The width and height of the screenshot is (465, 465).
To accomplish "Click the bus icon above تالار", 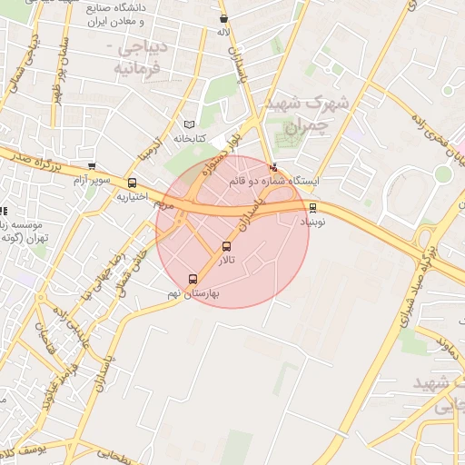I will click(226, 246).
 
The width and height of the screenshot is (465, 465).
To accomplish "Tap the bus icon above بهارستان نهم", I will click(193, 280).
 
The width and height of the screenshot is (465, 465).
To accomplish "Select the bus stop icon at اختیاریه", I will click(133, 183).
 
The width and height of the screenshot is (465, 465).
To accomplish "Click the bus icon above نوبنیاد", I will click(313, 208).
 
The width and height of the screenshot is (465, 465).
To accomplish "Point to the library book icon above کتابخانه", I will click(189, 124).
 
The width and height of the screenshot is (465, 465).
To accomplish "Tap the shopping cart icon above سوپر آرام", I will click(91, 166).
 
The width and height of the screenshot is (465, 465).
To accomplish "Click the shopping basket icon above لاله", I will click(223, 19).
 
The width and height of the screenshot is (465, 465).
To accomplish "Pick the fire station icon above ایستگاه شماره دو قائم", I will click(275, 167).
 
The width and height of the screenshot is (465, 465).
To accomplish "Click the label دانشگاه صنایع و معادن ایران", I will click(127, 14).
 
